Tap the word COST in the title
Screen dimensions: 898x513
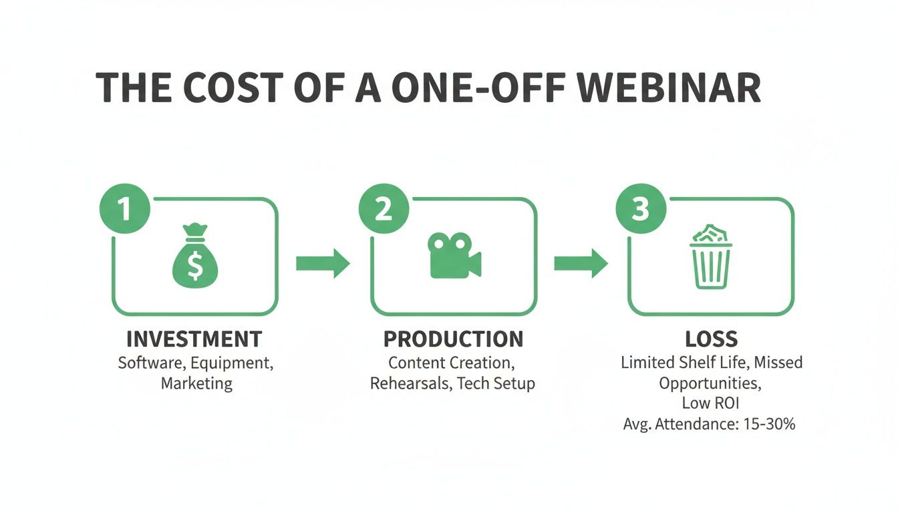(234, 88)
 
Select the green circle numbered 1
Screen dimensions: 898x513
(125, 208)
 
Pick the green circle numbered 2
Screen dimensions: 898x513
(384, 208)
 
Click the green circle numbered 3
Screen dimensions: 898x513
(641, 208)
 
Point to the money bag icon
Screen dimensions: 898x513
(195, 255)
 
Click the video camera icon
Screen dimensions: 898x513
(454, 255)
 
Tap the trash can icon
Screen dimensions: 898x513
(711, 256)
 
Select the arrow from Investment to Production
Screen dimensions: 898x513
(323, 263)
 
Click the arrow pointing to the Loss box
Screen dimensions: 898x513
(581, 263)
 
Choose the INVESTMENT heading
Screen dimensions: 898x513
(194, 339)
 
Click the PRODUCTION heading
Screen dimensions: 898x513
(454, 339)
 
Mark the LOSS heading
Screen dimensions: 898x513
(711, 339)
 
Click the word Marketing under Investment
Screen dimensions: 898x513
(196, 383)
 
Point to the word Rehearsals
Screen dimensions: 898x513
(412, 383)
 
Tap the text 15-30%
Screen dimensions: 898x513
(769, 423)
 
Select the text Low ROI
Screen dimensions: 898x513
(710, 403)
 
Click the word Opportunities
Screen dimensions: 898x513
(710, 383)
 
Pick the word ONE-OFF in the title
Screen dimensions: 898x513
(478, 88)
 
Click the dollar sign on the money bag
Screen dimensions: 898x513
(195, 265)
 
